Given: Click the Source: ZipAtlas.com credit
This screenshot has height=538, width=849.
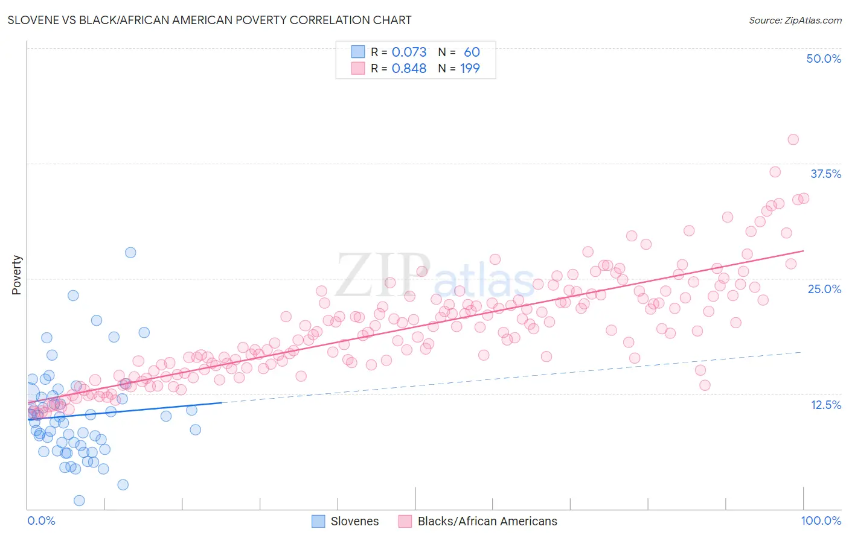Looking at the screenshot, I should tap(795, 20).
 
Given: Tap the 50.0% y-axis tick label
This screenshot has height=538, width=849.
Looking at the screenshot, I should tap(824, 59).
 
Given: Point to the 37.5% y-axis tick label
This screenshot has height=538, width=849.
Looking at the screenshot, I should tap(825, 174).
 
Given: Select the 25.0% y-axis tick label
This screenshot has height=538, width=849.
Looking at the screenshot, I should tap(824, 289).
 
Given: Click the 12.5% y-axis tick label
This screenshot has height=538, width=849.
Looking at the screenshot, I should tap(825, 405).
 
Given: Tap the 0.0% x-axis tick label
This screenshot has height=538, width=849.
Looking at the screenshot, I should tap(41, 521).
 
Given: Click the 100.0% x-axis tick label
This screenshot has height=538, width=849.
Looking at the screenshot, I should tap(821, 521).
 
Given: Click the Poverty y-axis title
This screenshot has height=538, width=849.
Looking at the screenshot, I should tap(16, 275).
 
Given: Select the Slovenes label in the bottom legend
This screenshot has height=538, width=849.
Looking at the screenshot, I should tap(354, 521).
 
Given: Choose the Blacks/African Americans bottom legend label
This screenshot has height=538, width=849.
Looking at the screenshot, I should tap(487, 521).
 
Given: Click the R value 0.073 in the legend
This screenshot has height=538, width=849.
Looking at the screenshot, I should tap(409, 52).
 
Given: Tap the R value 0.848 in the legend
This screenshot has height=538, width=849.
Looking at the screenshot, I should tap(409, 69).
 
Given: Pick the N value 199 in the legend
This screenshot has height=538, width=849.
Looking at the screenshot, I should tap(470, 69).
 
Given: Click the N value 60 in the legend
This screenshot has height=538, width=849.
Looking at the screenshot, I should tap(472, 52).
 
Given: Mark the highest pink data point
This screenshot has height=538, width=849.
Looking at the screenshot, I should tap(793, 139).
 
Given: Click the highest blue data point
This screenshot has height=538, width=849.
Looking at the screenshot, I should tap(130, 253).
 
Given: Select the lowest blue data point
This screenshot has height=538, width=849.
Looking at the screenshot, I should tap(79, 501).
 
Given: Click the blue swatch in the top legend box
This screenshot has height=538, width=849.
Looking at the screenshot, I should tap(358, 52).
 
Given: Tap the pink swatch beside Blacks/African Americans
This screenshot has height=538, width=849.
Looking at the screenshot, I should tap(405, 521).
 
